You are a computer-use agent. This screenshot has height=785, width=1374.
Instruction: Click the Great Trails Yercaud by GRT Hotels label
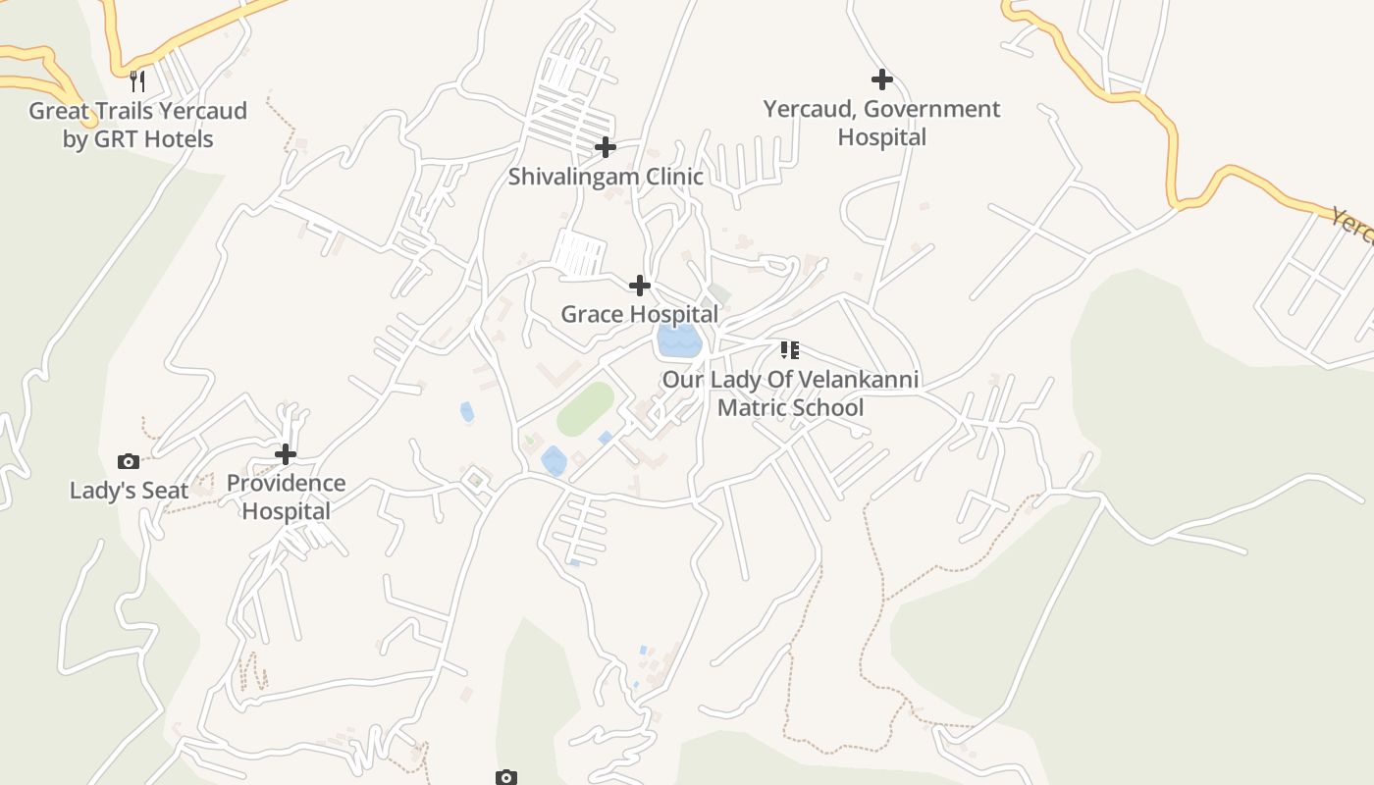pyautogui.click(x=137, y=125)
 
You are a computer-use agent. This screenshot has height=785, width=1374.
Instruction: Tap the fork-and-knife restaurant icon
pyautogui.click(x=137, y=80)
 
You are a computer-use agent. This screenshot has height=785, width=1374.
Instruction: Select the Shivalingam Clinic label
pyautogui.click(x=606, y=177)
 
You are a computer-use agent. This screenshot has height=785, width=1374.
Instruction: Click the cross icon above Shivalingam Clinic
pyautogui.click(x=606, y=147)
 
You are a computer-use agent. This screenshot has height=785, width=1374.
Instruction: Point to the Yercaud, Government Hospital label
pyautogui.click(x=881, y=123)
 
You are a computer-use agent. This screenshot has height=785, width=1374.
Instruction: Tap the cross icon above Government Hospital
pyautogui.click(x=881, y=79)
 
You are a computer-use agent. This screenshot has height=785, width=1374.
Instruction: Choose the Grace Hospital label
pyautogui.click(x=639, y=314)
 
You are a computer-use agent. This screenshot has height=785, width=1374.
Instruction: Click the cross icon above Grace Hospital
pyautogui.click(x=639, y=286)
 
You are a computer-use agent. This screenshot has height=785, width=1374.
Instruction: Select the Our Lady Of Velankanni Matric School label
pyautogui.click(x=790, y=392)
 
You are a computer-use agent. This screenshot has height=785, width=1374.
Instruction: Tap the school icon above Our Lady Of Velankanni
pyautogui.click(x=790, y=350)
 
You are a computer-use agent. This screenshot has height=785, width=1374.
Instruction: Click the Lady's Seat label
pyautogui.click(x=129, y=491)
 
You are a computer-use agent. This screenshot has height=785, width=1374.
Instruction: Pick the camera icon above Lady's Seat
pyautogui.click(x=129, y=461)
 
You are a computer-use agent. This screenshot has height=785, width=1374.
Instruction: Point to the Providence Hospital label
pyautogui.click(x=286, y=497)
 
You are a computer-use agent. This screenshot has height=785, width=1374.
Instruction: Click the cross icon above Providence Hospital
pyautogui.click(x=286, y=454)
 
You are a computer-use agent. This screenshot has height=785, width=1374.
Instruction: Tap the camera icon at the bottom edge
pyautogui.click(x=505, y=777)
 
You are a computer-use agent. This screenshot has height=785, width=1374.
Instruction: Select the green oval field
pyautogui.click(x=586, y=408)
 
